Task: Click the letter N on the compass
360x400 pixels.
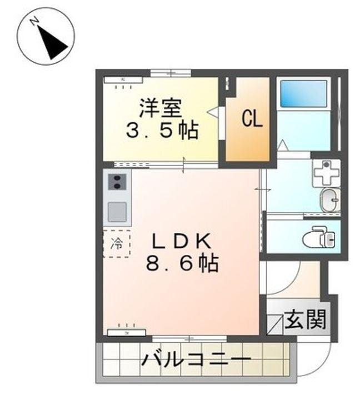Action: pyautogui.click(x=34, y=22)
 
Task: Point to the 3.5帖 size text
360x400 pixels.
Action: pyautogui.click(x=162, y=131)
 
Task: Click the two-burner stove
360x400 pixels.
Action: pyautogui.click(x=117, y=182)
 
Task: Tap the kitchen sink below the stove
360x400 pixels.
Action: pyautogui.click(x=117, y=212)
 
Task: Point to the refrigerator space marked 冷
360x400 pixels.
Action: pyautogui.click(x=117, y=243)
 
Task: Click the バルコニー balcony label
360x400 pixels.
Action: pyautogui.click(x=195, y=361)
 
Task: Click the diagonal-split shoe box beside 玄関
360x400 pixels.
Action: pyautogui.click(x=274, y=323)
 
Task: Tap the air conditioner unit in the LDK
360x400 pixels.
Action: pyautogui.click(x=127, y=332)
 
